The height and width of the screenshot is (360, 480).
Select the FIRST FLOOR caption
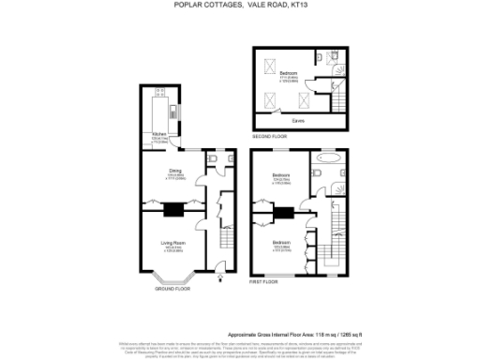[x=264, y=281]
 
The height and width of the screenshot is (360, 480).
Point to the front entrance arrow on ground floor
[x=219, y=277]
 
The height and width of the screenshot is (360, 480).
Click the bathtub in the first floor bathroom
[x=329, y=172]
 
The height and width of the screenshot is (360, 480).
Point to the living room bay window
[x=175, y=278]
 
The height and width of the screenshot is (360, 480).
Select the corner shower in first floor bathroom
[x=339, y=157]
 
